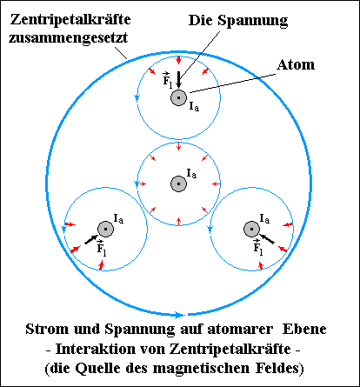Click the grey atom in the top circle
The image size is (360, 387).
178,97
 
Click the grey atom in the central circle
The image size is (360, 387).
178,183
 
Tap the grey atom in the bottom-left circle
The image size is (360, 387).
105,229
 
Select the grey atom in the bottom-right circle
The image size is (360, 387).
251,229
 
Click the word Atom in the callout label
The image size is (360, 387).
296,64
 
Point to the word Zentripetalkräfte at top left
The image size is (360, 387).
70,20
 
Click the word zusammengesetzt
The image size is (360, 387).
69,37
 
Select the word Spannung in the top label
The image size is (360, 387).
253,21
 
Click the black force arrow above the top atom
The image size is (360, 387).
178,79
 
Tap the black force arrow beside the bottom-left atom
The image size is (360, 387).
91,239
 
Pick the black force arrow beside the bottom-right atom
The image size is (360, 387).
266,238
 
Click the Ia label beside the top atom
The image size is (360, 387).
194,106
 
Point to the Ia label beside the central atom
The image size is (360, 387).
191,173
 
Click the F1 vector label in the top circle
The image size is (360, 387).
168,80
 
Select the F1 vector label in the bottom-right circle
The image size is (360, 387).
258,247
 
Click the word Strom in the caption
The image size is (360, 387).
47,329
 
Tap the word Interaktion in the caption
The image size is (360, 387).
96,349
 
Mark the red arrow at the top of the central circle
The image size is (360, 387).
178,146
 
